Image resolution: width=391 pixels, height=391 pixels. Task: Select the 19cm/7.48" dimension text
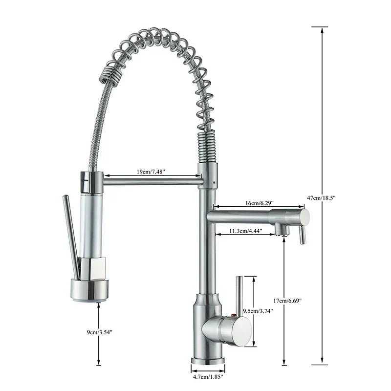tap(151, 172)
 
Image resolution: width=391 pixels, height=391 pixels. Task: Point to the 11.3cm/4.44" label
tap(246, 230)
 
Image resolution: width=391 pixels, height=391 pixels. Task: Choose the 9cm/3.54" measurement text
tap(101, 332)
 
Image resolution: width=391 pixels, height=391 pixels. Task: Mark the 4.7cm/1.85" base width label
tap(208, 376)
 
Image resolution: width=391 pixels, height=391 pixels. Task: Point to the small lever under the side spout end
tap(303, 234)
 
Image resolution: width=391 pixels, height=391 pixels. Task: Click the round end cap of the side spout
tap(304, 217)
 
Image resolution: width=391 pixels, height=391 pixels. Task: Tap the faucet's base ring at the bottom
tap(208, 361)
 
